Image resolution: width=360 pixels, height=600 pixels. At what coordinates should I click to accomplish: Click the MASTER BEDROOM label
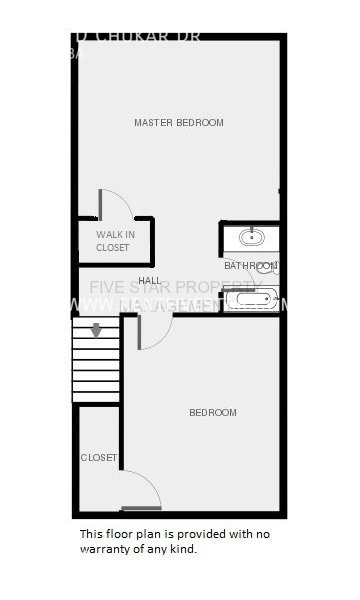pyautogui.click(x=179, y=123)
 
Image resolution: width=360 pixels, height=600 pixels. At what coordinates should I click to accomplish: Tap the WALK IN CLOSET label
pyautogui.click(x=113, y=241)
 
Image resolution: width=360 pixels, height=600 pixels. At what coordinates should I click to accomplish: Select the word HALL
pyautogui.click(x=150, y=281)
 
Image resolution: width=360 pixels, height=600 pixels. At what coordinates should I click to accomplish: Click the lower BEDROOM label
pyautogui.click(x=213, y=413)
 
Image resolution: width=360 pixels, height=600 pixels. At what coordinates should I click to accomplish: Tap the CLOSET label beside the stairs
pyautogui.click(x=99, y=458)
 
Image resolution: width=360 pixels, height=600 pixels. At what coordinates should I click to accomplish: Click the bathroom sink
pyautogui.click(x=250, y=238)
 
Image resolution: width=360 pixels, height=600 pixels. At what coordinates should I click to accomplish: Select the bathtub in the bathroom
pyautogui.click(x=250, y=298)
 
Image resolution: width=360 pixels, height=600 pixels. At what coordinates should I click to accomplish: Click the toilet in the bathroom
pyautogui.click(x=270, y=267)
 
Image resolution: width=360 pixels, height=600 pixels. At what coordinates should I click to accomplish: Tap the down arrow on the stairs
pyautogui.click(x=96, y=330)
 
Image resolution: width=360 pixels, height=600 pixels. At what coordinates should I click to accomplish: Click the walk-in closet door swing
pyautogui.click(x=116, y=203)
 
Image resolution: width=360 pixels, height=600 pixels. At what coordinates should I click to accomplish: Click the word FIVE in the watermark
pyautogui.click(x=106, y=288)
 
